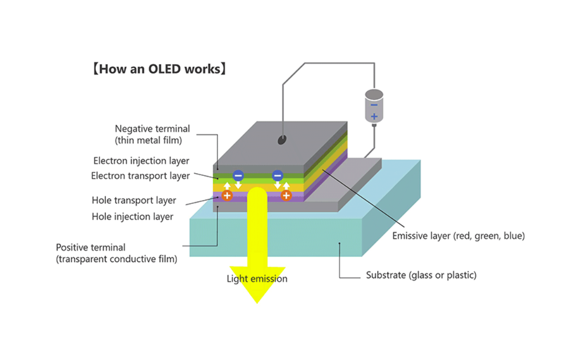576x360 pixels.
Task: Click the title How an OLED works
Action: point(159,69)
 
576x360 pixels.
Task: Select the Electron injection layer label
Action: point(141,161)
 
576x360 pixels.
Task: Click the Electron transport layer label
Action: point(140,176)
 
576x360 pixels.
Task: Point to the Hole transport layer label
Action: point(134,200)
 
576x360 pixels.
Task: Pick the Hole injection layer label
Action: point(132,216)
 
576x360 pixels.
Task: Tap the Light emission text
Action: point(257,279)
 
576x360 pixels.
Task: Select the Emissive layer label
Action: point(458,236)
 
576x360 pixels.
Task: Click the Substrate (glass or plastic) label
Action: point(421,275)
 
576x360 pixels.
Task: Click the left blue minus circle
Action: point(238,175)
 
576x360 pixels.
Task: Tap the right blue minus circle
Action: point(278,175)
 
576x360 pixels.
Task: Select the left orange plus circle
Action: point(227,196)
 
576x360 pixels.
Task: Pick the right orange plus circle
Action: point(286,196)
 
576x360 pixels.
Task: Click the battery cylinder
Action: point(374,106)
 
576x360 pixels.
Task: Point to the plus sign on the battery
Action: point(374,117)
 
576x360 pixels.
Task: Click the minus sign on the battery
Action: point(374,105)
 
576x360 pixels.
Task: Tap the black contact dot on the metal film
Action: point(282,140)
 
